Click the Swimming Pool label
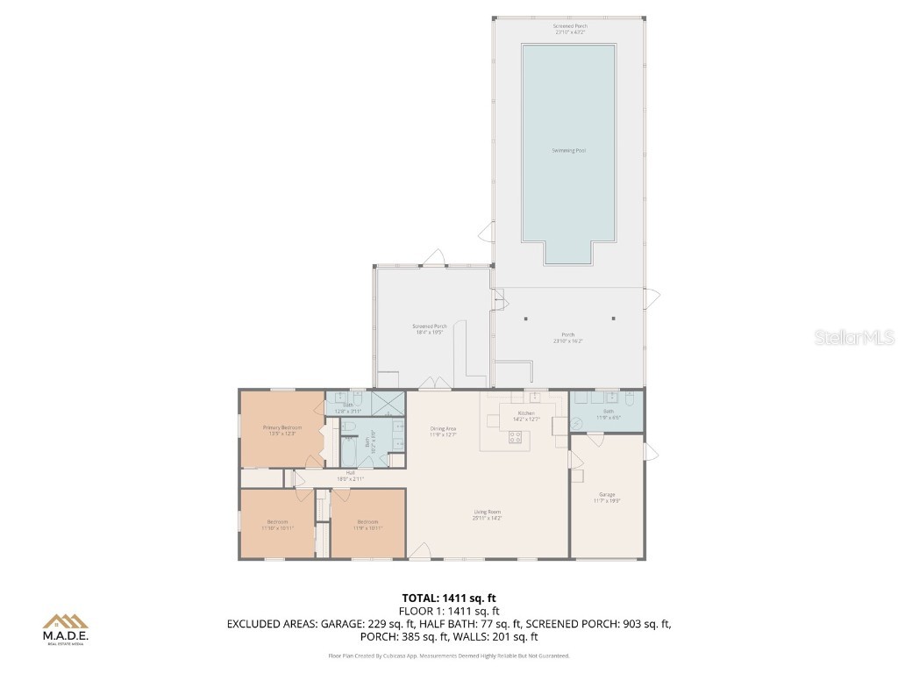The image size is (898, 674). tap(568, 151)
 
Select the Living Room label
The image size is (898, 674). tap(487, 513)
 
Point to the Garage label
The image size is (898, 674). tap(607, 494)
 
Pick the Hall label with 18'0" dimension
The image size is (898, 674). tap(350, 472)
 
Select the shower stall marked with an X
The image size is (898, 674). tap(387, 404)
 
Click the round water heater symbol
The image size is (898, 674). tap(578, 423)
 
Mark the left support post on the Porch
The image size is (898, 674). tap(525, 319)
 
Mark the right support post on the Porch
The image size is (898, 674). tap(613, 319)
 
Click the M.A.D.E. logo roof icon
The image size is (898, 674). tap(66, 621)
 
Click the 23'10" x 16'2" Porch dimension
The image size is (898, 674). tap(568, 341)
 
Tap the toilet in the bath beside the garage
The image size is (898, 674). tap(631, 399)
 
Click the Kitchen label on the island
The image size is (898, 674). tap(525, 412)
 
